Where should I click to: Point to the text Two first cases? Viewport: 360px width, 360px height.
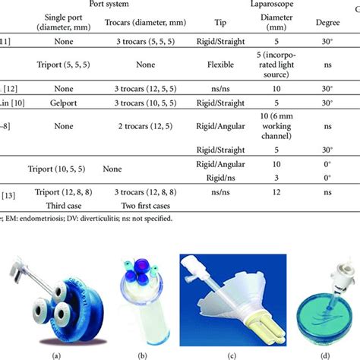tap(138, 205)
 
